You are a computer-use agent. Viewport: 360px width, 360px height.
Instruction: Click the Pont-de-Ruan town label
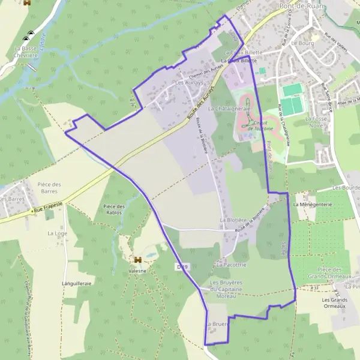(x=302, y=5)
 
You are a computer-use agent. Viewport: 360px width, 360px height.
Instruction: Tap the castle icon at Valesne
(x=138, y=260)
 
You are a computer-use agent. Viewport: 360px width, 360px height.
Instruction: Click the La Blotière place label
(x=234, y=220)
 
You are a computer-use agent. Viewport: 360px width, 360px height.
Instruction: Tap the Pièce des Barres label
(x=50, y=188)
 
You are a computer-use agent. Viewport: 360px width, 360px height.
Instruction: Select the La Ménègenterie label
(x=313, y=204)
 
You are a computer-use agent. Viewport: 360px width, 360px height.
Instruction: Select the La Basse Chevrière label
(x=26, y=51)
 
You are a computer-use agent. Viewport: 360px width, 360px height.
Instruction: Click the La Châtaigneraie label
(x=229, y=109)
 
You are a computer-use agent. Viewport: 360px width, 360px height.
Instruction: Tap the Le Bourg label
(x=302, y=43)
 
